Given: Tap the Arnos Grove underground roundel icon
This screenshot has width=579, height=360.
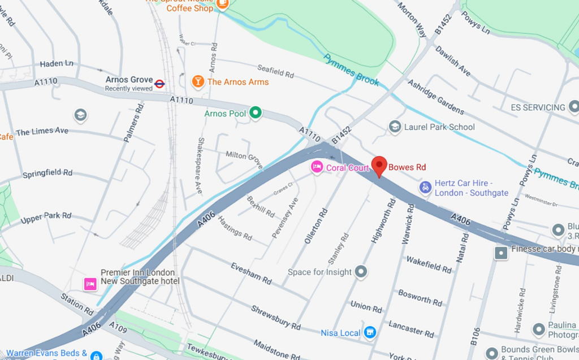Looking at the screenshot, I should click(x=159, y=84).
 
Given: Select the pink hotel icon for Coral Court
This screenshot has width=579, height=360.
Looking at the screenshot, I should click(x=317, y=167).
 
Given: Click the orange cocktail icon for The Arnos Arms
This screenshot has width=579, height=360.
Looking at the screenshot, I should click(x=197, y=81).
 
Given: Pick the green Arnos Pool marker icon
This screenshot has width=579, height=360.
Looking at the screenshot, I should click(x=256, y=113).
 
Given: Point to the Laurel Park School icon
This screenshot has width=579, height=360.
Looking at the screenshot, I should click(x=395, y=127).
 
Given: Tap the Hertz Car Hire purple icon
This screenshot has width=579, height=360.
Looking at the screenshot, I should click(x=426, y=188).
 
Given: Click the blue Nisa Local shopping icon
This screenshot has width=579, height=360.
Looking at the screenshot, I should click(x=370, y=332).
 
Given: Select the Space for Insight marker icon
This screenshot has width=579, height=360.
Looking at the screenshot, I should click(x=361, y=272).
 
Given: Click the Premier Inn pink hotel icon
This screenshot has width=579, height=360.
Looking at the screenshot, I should click(x=90, y=284).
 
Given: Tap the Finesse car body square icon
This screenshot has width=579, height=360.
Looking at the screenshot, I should click(x=501, y=253).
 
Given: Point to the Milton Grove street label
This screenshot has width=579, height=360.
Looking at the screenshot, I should click(x=244, y=159).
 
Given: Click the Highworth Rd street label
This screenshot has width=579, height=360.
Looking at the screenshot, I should click(x=382, y=220).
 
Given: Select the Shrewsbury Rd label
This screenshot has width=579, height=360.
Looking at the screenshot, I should click(x=276, y=317).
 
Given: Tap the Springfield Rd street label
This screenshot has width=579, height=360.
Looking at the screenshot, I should click(x=47, y=174).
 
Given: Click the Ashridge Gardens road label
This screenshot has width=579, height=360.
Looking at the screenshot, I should click(x=435, y=97).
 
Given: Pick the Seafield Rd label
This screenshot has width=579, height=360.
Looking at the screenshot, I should click(x=275, y=71).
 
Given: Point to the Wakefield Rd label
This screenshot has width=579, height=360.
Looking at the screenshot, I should click(x=429, y=264).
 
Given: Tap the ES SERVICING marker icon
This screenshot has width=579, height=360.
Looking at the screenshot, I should click(x=574, y=106).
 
